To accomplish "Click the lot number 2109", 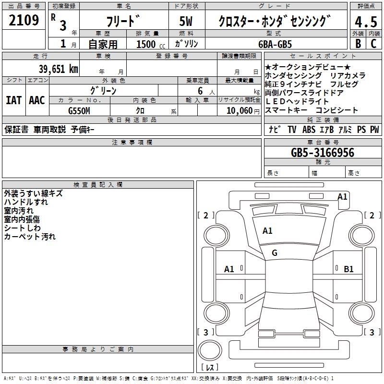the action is coord(24,21).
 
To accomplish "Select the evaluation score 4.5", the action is coord(365,22).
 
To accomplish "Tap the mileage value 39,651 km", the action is coord(58,69).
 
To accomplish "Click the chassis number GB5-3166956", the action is coord(323,153).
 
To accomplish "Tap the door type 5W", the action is coord(186,21).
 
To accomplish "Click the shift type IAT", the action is coord(13,100).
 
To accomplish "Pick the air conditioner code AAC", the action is coord(37,100).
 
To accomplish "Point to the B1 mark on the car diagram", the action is coord(348,269).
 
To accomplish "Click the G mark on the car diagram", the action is coord(274,253).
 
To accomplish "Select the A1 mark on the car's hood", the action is coord(267,231).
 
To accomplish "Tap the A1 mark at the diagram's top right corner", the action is coord(342,196).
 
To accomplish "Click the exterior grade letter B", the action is coord(358,43).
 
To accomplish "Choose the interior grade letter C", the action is coord(373,43).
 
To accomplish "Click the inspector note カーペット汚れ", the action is coord(30,237).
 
